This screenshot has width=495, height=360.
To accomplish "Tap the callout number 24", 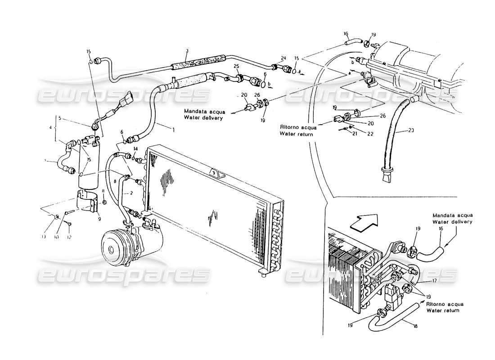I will pyautogui.click(x=283, y=58).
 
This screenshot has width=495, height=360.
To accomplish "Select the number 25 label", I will pyautogui.click(x=237, y=66).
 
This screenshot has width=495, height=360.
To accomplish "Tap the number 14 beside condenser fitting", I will pyautogui.click(x=135, y=148).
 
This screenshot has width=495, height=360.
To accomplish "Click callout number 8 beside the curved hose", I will pyautogui.click(x=115, y=180).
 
